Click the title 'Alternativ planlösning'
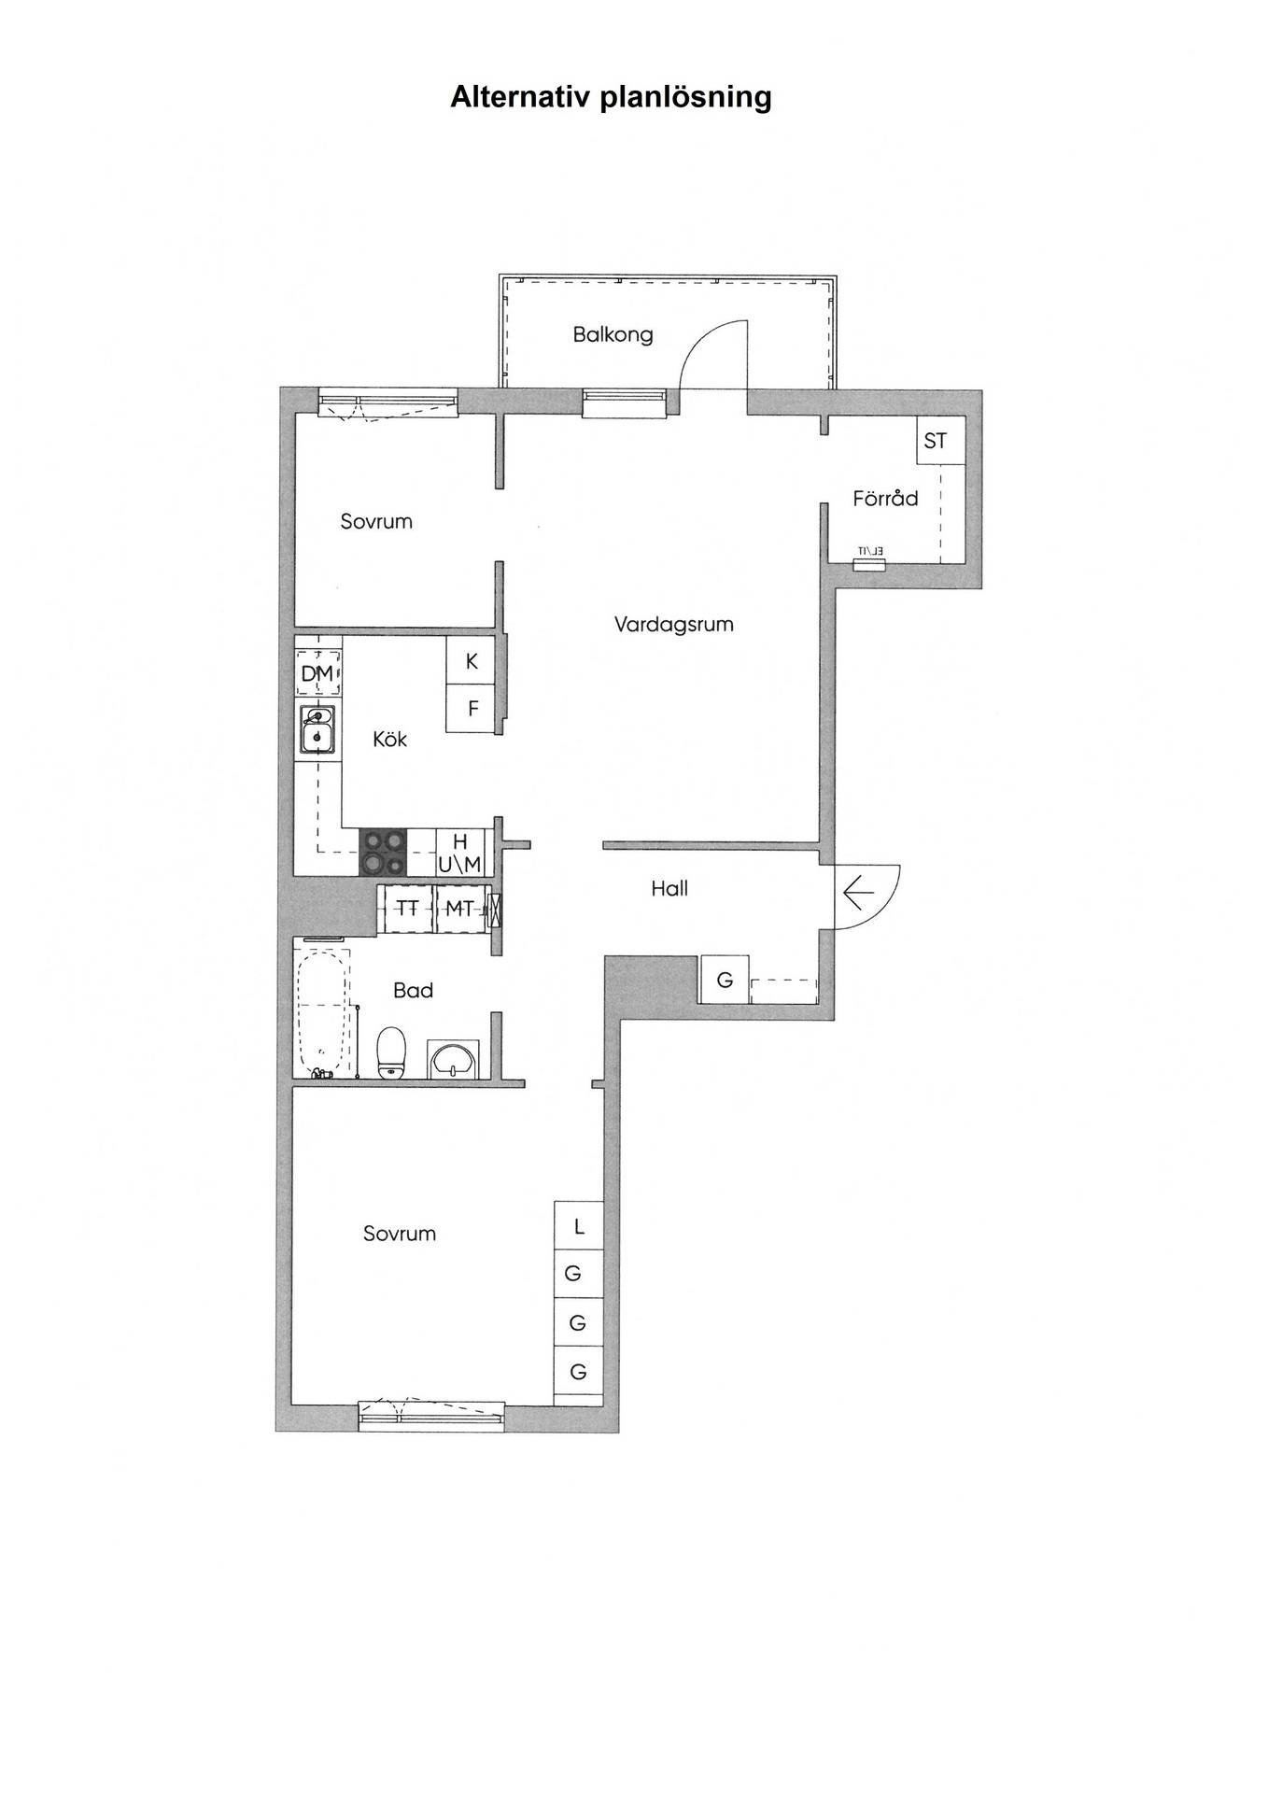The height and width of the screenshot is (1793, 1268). pos(611,97)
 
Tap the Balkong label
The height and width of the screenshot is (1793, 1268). pos(613,334)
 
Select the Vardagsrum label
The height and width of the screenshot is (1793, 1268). pos(673,624)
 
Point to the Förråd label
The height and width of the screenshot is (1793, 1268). pos(885,498)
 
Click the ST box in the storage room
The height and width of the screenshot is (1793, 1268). pos(935,440)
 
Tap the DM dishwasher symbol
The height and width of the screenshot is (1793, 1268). pos(317,673)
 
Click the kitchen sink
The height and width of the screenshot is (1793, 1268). pos(317,729)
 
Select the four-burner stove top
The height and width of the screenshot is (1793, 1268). pos(384,852)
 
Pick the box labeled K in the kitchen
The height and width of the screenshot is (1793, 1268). pos(472,660)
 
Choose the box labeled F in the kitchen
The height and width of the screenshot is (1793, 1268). pos(472,709)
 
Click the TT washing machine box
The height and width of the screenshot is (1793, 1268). pos(406,908)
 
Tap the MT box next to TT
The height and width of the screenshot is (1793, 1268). pos(460,908)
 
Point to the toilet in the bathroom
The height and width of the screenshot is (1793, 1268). pos(391,1052)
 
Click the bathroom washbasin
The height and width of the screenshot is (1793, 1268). pos(454,1059)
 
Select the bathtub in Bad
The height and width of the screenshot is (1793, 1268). pos(323,1011)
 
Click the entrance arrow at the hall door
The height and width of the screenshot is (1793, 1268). pos(858,894)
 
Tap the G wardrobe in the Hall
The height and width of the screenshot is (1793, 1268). pos(725,980)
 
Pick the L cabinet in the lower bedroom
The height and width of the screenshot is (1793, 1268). pos(579,1226)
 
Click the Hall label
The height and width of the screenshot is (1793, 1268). pos(669,888)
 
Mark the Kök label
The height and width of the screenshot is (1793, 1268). pos(389,739)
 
